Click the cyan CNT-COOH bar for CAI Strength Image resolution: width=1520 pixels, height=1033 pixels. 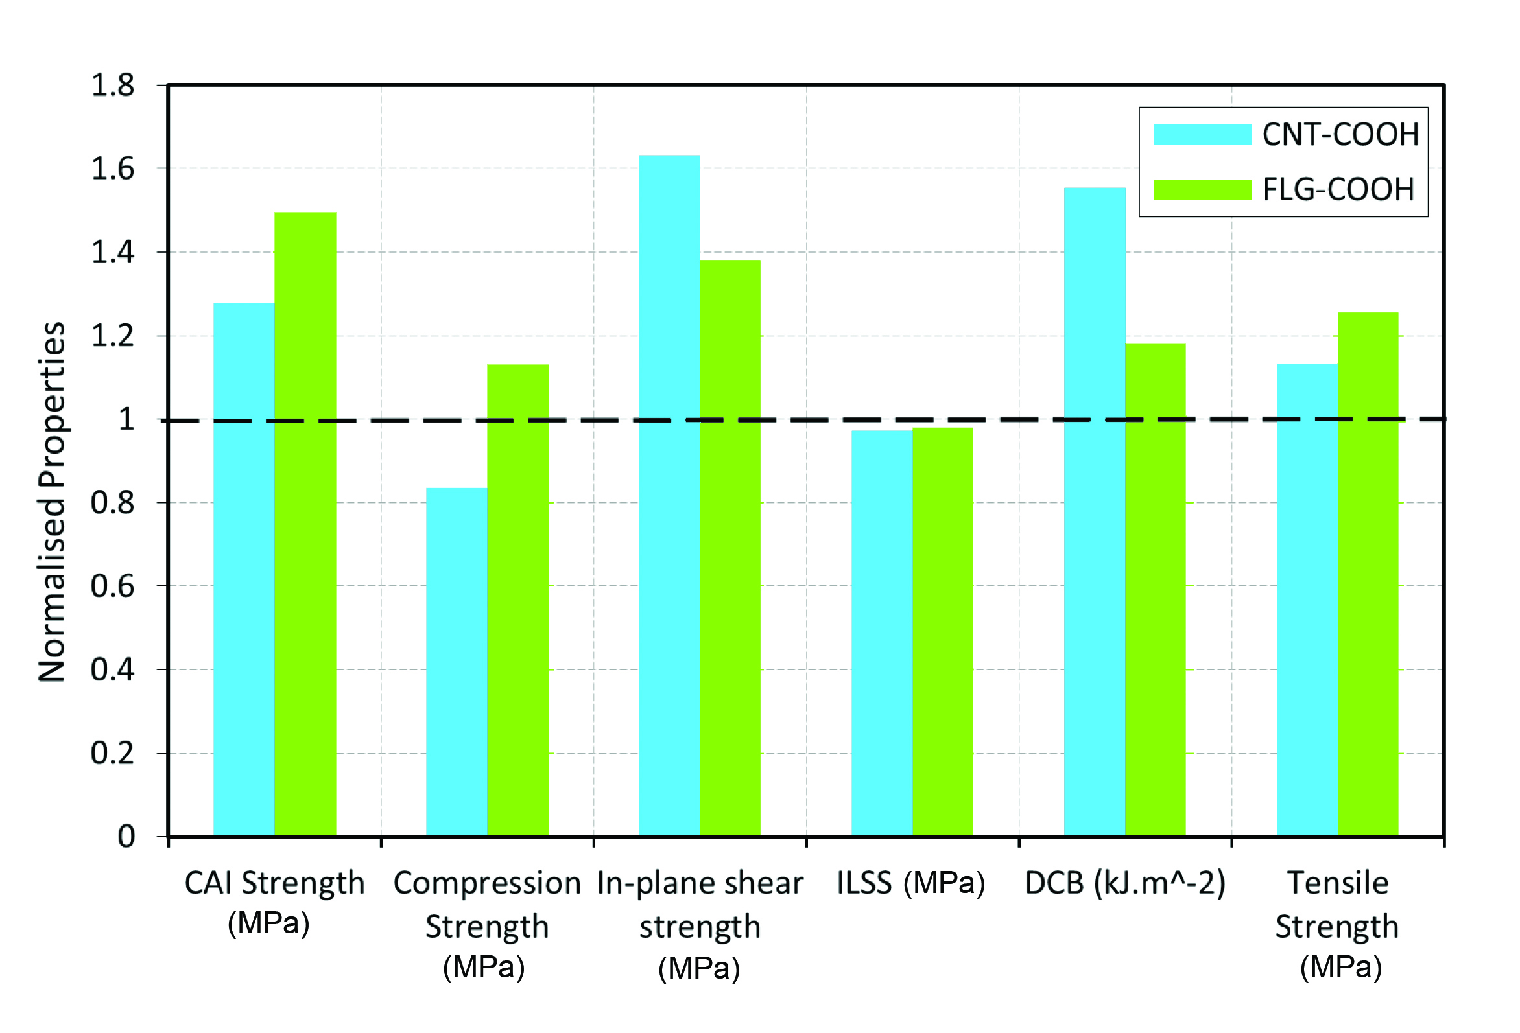coord(243,569)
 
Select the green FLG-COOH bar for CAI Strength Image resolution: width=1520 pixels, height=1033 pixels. coord(305,523)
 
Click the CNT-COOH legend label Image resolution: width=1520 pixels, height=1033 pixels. coord(1340,134)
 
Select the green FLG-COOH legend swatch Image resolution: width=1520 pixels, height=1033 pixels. coord(1202,190)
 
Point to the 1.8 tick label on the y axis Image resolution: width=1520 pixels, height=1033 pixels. coord(112,85)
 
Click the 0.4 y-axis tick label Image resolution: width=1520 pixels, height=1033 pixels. coord(112,669)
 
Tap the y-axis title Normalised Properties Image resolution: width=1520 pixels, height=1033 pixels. coord(53,502)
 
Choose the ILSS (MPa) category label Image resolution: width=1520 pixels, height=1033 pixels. coord(910,883)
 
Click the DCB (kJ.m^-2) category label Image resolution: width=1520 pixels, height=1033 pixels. coord(1124,883)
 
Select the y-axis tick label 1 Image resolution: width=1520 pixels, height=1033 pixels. coord(126,419)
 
